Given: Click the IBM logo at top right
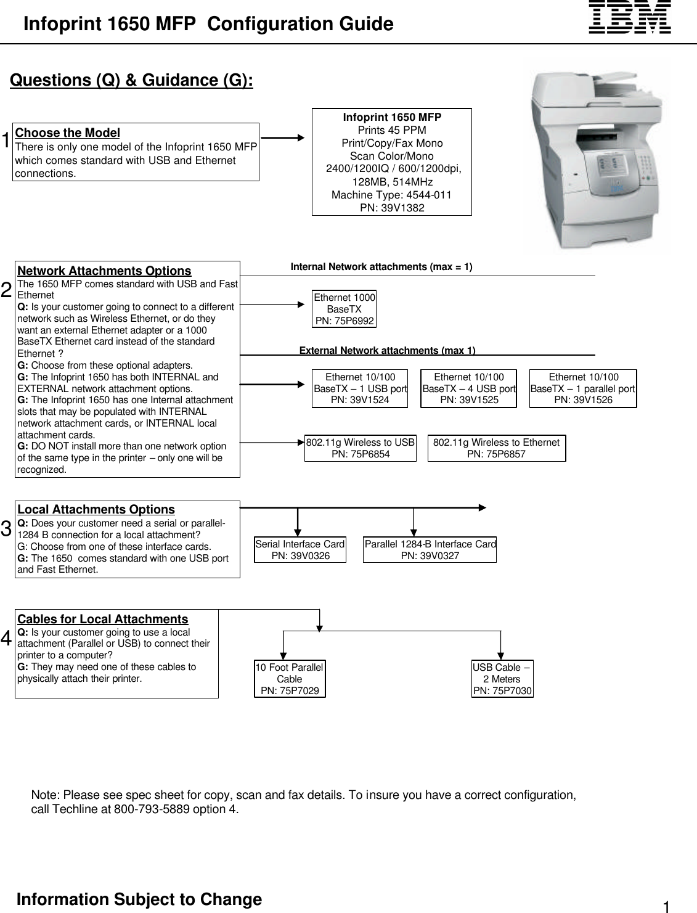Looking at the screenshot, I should pos(630,17).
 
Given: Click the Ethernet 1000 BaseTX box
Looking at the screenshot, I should pos(344,309).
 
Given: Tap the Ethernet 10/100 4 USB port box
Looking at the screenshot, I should pos(468,388).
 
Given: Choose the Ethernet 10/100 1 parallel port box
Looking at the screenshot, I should pos(583,388).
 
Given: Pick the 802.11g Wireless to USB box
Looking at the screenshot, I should pos(361,448).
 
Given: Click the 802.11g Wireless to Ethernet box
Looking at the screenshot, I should pos(496,448).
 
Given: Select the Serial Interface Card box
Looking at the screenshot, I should pos(300,550).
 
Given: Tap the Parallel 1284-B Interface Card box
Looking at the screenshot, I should pos(430,550).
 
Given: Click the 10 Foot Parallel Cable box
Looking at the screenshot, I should pos(290,679).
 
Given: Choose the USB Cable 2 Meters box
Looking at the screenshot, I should pos(502,679).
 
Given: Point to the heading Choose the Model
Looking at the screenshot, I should pos(67,133).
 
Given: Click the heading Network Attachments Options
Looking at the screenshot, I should pos(104,271).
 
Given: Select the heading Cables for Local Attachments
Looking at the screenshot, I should pos(102,620).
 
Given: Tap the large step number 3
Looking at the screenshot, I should pos(6,529).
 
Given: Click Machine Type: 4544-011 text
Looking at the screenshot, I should pos(391,195).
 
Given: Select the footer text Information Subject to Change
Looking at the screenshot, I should pos(139,899).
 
